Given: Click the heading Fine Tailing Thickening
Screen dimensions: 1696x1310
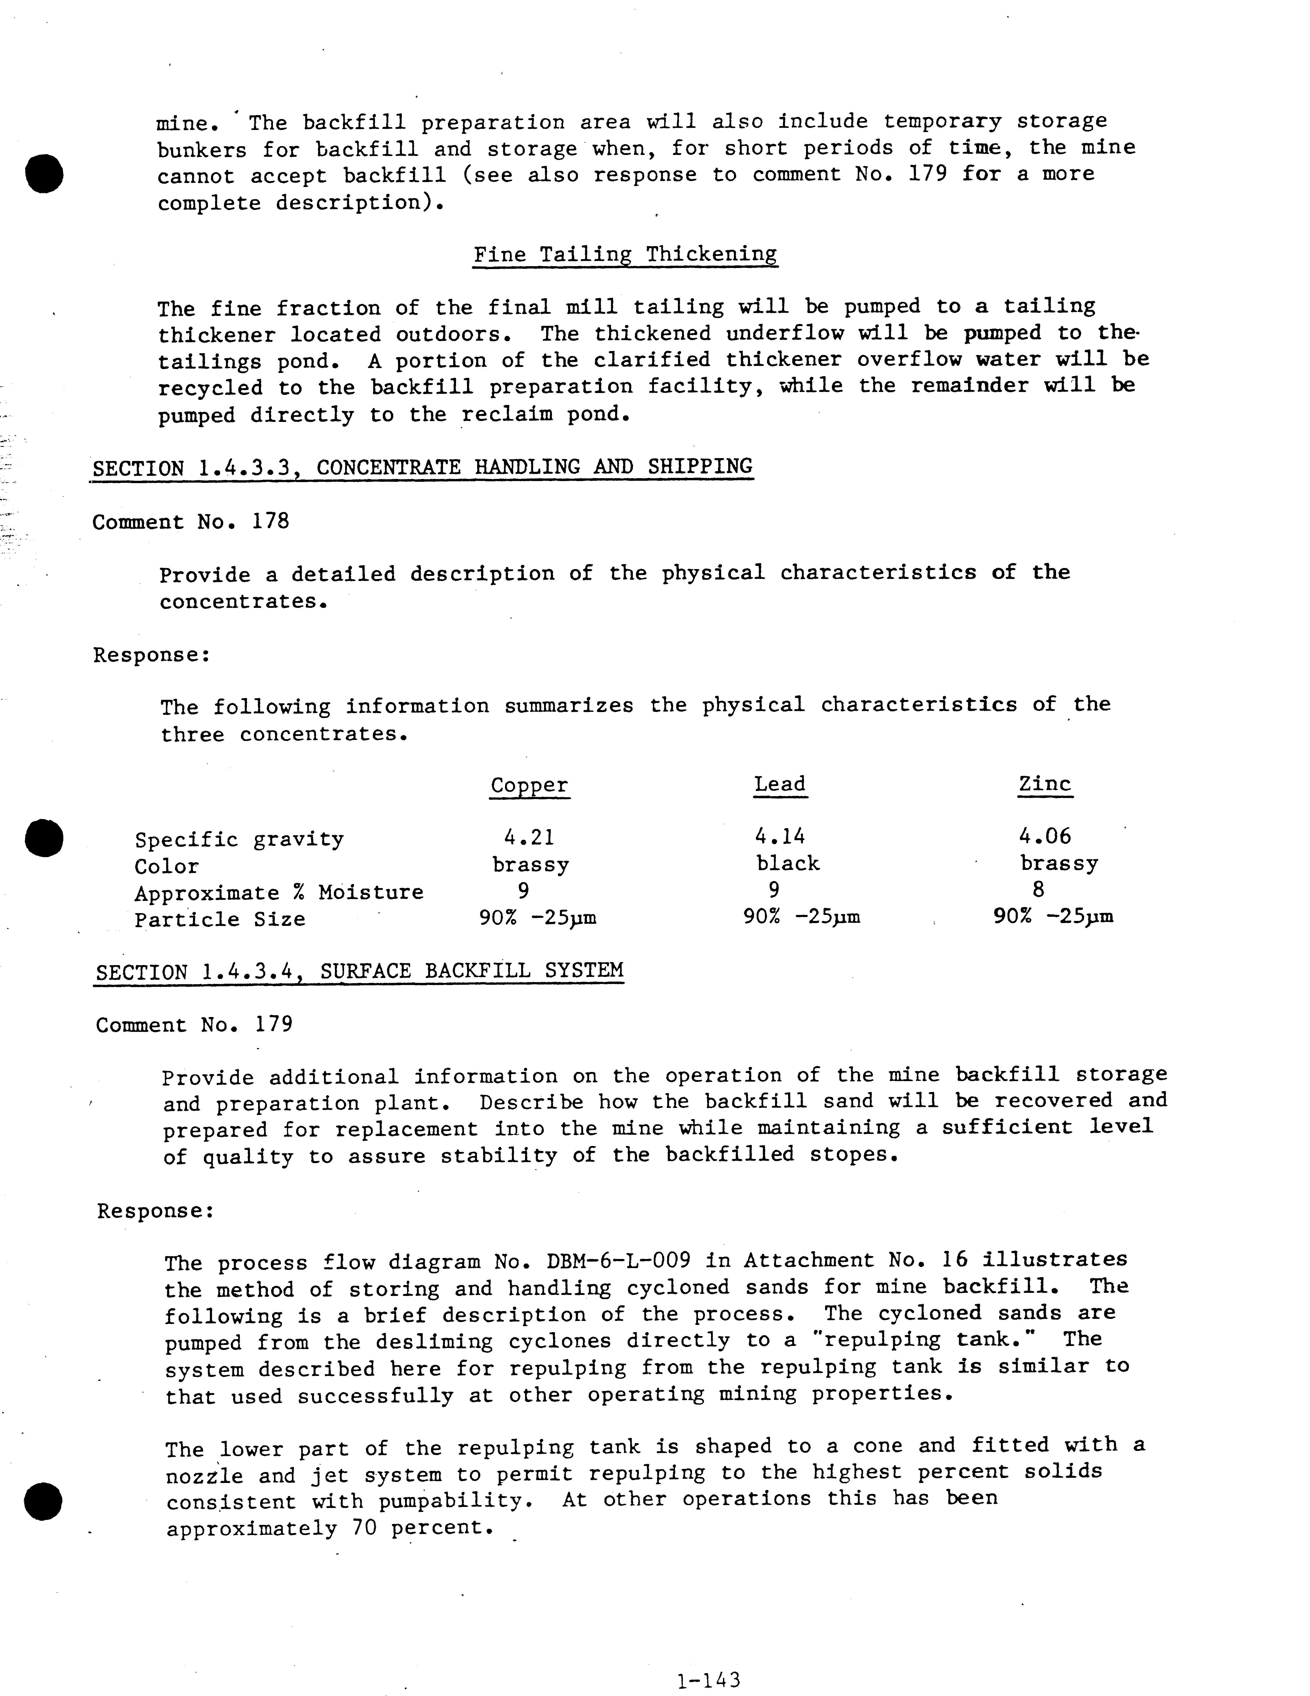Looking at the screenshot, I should click(x=625, y=255).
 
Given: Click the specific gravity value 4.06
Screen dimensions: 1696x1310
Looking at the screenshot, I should click(x=1044, y=836).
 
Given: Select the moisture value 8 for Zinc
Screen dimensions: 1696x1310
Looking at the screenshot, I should click(x=1038, y=890).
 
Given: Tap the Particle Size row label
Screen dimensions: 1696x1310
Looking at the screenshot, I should click(x=220, y=919).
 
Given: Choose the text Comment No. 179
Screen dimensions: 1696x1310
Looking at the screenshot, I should click(x=194, y=1025).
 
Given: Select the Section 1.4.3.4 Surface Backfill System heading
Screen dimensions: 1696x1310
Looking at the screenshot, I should click(x=359, y=971).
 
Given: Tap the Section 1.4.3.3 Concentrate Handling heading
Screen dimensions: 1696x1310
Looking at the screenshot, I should click(x=422, y=467).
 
